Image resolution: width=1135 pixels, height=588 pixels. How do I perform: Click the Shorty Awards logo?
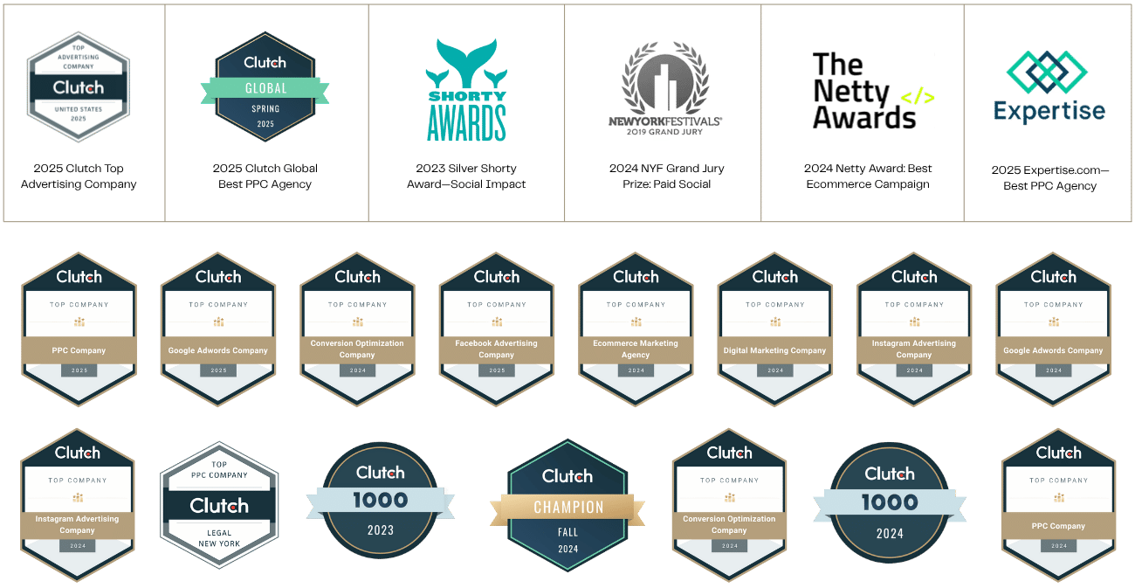[x=467, y=91]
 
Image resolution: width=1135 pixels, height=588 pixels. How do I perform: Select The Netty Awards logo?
[x=873, y=91]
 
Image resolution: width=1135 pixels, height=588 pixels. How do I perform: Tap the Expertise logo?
[x=1049, y=87]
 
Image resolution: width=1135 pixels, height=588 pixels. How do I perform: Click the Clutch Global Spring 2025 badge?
[x=265, y=87]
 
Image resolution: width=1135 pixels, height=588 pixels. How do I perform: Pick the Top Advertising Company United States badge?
[x=78, y=87]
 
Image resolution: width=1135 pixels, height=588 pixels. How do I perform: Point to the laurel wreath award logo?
[x=665, y=87]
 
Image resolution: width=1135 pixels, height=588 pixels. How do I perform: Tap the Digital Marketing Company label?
[x=774, y=350]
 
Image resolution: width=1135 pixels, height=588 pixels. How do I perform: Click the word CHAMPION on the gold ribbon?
[x=568, y=508]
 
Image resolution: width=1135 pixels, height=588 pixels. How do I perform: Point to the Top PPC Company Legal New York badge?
[x=219, y=505]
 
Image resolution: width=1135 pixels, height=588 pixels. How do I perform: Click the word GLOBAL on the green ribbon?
[x=265, y=88]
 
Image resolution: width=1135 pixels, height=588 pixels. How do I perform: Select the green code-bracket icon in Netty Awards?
[x=917, y=96]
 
